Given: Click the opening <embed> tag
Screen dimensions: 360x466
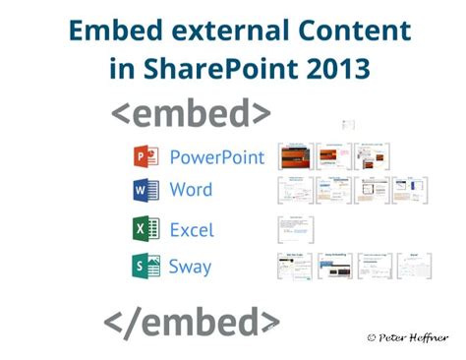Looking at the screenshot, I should pyautogui.click(x=191, y=114).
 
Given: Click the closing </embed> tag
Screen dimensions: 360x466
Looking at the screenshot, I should pyautogui.click(x=192, y=321).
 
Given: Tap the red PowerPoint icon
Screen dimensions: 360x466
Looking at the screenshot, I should pyautogui.click(x=145, y=156).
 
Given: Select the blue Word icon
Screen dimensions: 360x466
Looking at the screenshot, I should pyautogui.click(x=145, y=190).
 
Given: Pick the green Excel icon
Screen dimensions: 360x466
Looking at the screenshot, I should pyautogui.click(x=145, y=229).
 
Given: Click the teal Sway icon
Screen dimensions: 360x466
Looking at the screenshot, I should pyautogui.click(x=145, y=265).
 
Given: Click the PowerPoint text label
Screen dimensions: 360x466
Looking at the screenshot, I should pyautogui.click(x=216, y=156).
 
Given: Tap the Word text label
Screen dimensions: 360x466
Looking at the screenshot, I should pyautogui.click(x=191, y=189).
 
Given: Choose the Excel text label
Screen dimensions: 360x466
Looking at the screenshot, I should pyautogui.click(x=192, y=229).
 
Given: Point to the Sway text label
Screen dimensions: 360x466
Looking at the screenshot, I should pyautogui.click(x=191, y=266).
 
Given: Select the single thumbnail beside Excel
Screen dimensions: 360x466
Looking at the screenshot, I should pyautogui.click(x=295, y=230).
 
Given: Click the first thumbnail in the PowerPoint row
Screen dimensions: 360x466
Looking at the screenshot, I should pyautogui.click(x=295, y=157).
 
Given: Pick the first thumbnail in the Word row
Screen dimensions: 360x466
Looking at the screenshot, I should pyautogui.click(x=295, y=191).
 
